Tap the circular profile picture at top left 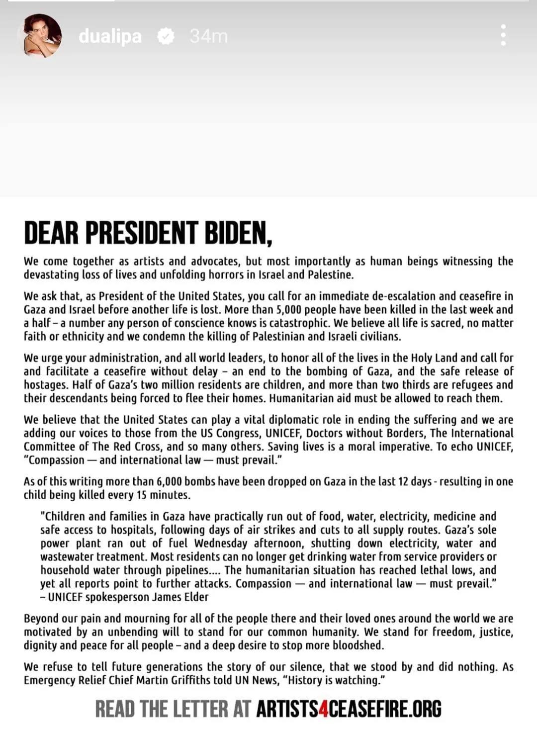point(42,36)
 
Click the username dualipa point(110,36)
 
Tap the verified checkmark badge point(166,36)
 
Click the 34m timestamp point(208,36)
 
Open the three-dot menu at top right point(503,35)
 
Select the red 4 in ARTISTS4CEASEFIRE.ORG point(323,709)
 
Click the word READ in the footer point(115,709)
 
